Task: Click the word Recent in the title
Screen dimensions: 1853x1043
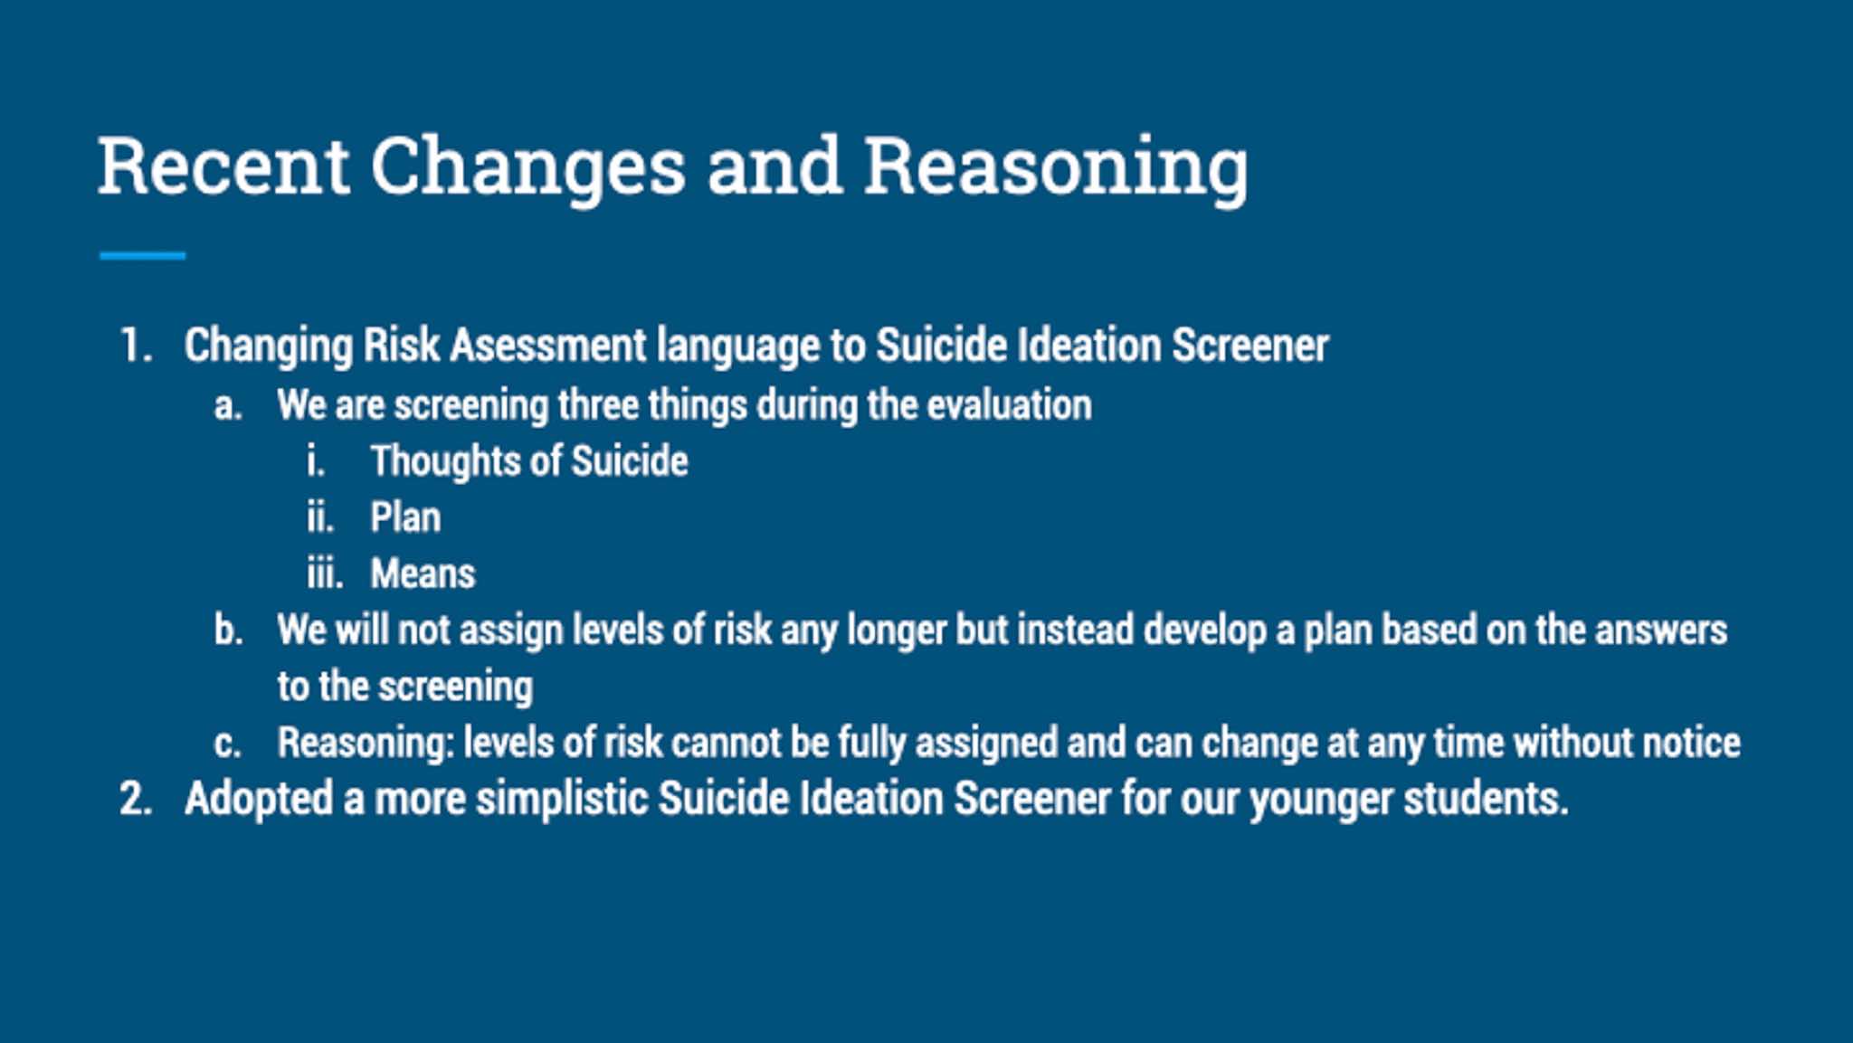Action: [x=223, y=166]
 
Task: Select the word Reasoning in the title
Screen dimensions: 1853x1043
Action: [x=1056, y=167]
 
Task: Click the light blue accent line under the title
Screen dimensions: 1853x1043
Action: [x=142, y=256]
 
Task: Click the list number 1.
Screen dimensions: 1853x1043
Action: [x=136, y=346]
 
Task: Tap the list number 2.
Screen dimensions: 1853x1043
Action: [x=136, y=799]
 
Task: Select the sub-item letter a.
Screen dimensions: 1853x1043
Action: [x=228, y=406]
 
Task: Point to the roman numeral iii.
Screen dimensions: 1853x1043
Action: [x=325, y=574]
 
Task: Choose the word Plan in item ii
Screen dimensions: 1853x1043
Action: [x=405, y=517]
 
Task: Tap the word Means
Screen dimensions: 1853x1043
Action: [x=423, y=574]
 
